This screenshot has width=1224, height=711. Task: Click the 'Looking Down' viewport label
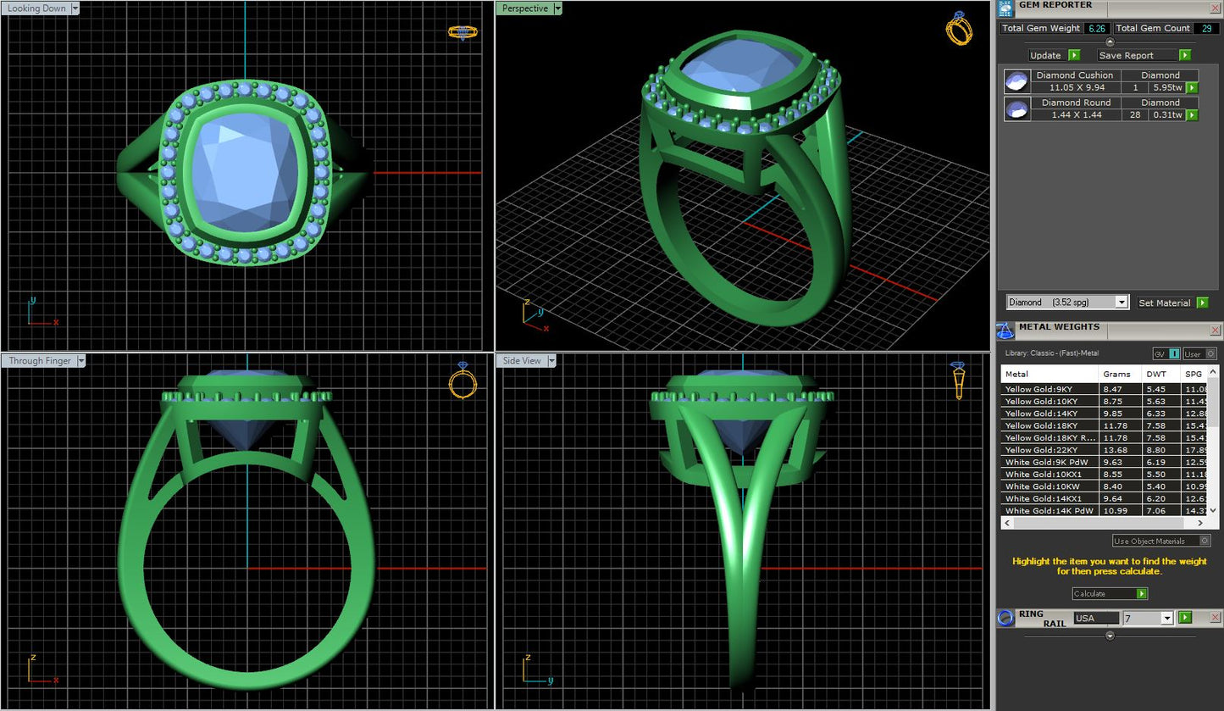[x=37, y=8]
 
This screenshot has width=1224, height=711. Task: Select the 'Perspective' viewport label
[x=524, y=8]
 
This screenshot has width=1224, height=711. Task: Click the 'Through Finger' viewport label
[x=40, y=361]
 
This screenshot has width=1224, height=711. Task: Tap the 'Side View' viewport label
[x=522, y=361]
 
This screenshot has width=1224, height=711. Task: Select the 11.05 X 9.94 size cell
[x=1076, y=87]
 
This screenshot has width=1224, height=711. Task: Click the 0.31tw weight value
[x=1166, y=114]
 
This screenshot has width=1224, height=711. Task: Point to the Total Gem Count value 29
[x=1205, y=28]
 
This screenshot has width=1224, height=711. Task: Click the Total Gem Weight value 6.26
[x=1097, y=28]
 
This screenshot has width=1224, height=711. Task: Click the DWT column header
[x=1156, y=374]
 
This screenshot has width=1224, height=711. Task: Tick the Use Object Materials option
[x=1205, y=541]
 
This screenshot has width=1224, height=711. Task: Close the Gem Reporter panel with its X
[x=1216, y=6]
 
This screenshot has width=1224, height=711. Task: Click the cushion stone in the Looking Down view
[x=246, y=174]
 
